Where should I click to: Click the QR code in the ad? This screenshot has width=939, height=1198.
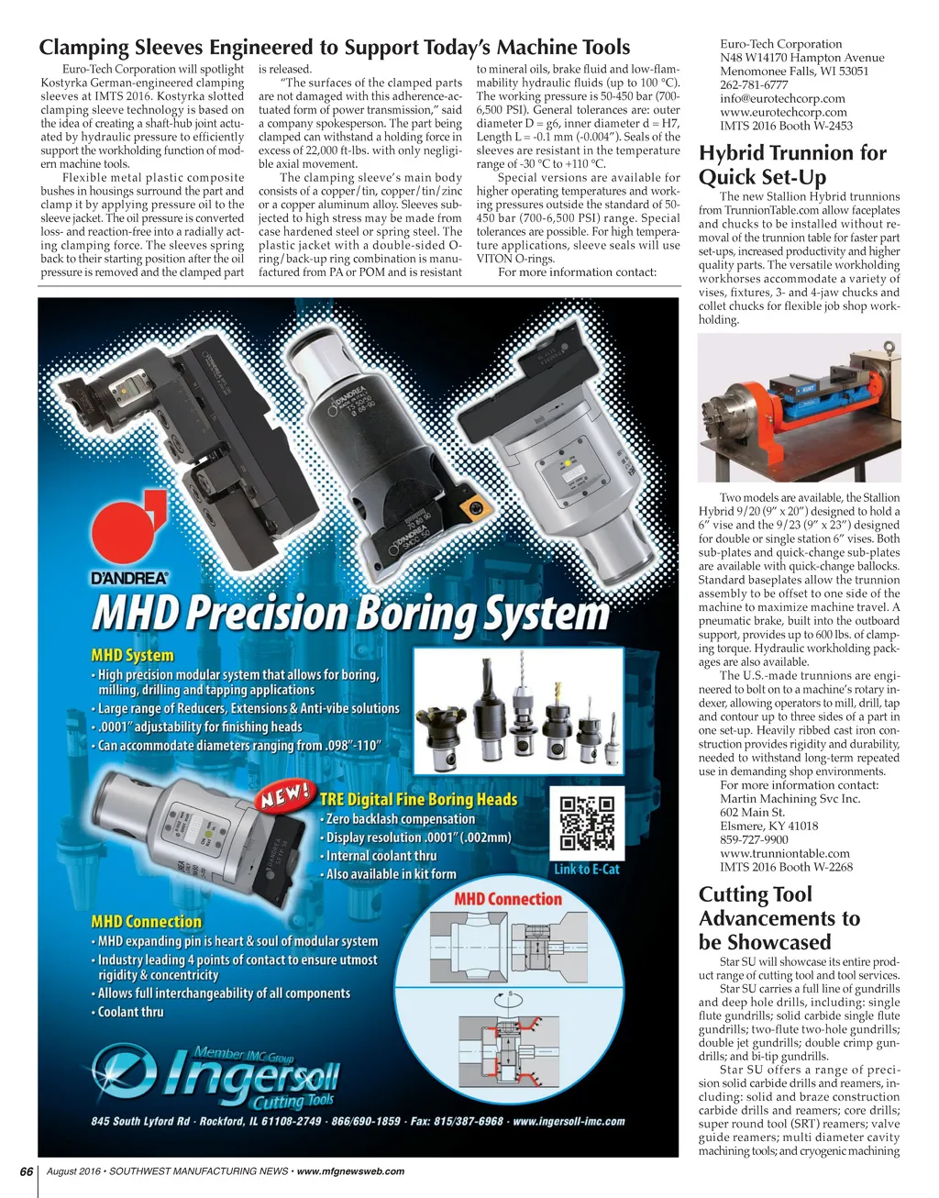pyautogui.click(x=586, y=823)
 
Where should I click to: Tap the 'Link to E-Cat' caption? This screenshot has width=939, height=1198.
pyautogui.click(x=586, y=869)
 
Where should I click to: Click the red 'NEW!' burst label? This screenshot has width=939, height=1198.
pyautogui.click(x=284, y=794)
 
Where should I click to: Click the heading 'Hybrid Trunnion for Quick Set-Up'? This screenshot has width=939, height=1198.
pyautogui.click(x=792, y=165)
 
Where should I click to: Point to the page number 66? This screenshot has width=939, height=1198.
pyautogui.click(x=27, y=1171)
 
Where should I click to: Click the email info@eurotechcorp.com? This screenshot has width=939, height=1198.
pyautogui.click(x=782, y=98)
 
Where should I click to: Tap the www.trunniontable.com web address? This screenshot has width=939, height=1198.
pyautogui.click(x=784, y=853)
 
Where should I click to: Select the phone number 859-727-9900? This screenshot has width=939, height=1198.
pyautogui.click(x=754, y=839)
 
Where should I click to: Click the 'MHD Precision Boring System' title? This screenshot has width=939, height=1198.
pyautogui.click(x=349, y=615)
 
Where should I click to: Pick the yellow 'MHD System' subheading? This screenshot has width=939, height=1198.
pyautogui.click(x=132, y=655)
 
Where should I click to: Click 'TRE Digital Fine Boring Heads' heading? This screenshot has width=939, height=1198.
pyautogui.click(x=418, y=799)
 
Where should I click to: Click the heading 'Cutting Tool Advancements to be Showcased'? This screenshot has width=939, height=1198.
pyautogui.click(x=779, y=918)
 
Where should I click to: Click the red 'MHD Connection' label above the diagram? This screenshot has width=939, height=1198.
pyautogui.click(x=507, y=899)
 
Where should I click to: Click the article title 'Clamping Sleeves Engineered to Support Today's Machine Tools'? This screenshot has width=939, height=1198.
pyautogui.click(x=334, y=48)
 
